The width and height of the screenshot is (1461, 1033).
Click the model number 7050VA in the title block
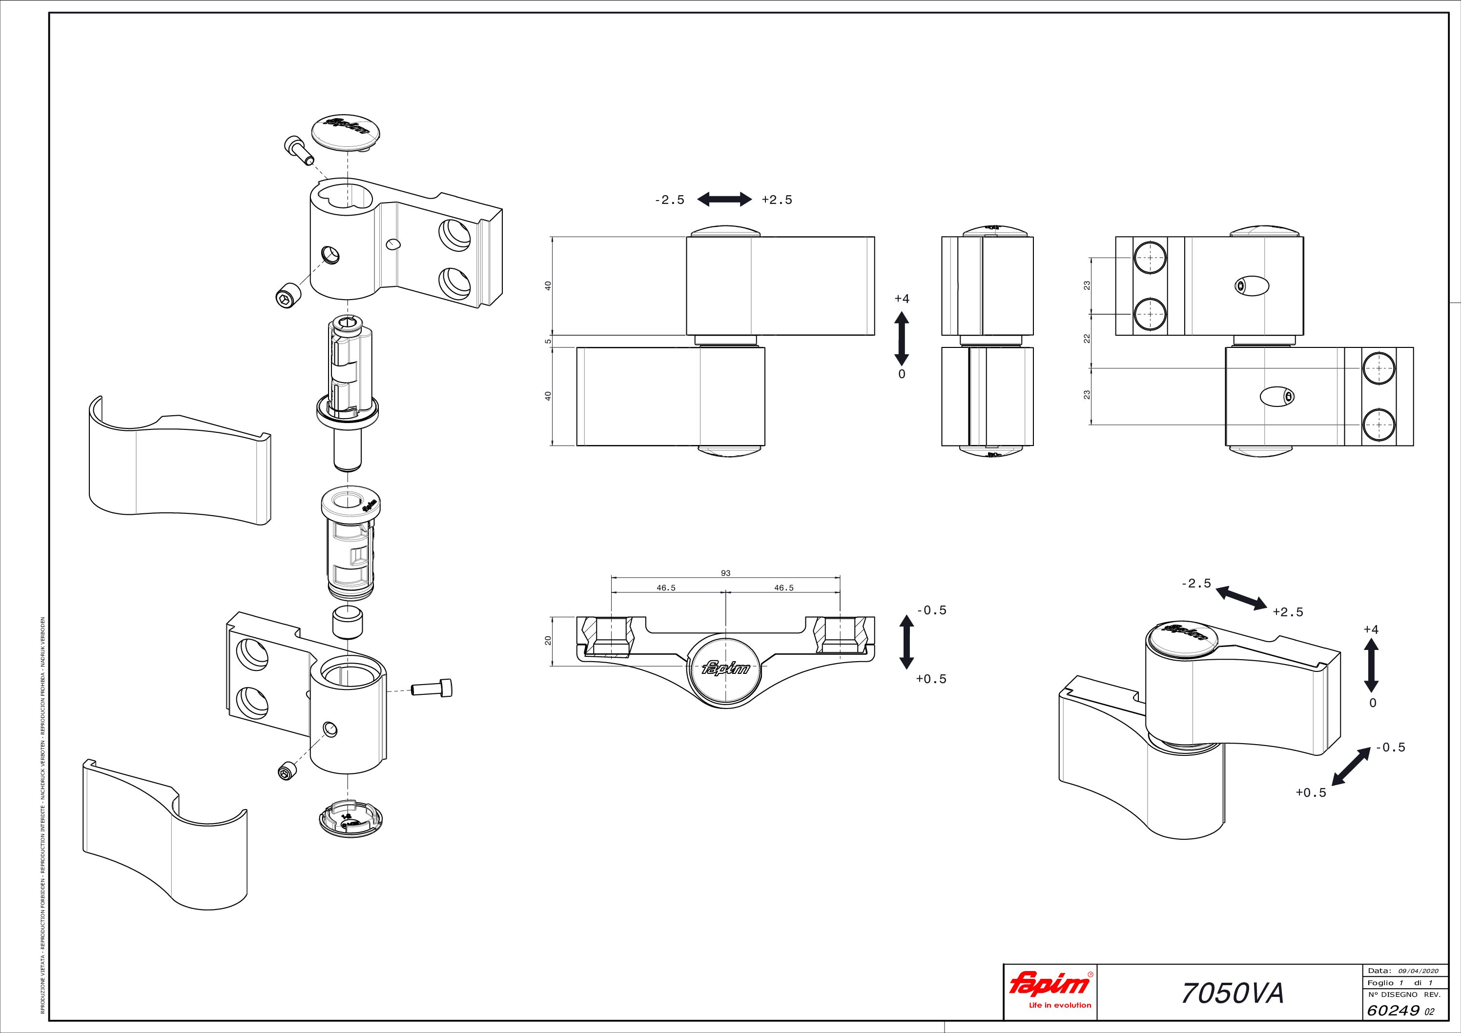tap(1232, 993)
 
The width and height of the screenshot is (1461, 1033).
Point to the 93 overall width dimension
tap(725, 573)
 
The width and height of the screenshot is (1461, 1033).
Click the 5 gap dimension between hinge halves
tap(548, 342)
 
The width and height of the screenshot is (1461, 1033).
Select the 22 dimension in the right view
tap(1087, 339)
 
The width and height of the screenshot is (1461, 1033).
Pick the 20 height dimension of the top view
tap(548, 641)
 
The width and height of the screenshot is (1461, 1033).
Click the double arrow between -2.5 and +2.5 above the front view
tap(724, 200)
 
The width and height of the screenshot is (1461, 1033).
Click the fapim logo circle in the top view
tap(725, 668)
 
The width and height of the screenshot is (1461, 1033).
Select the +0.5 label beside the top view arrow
tap(931, 679)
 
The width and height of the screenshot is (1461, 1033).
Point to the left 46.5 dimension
tap(666, 587)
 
